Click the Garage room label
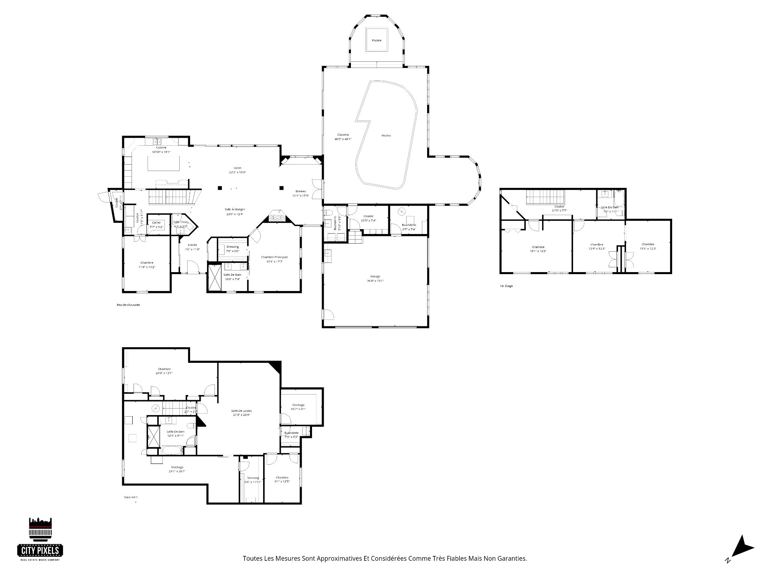375,279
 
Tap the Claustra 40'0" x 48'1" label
343,137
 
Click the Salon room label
237,170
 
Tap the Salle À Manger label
235,212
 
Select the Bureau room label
301,193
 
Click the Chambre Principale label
274,259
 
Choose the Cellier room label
156,224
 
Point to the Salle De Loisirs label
241,413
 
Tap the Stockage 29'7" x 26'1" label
177,469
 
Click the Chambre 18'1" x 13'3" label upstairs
538,249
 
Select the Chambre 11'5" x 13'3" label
648,246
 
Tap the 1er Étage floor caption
506,286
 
